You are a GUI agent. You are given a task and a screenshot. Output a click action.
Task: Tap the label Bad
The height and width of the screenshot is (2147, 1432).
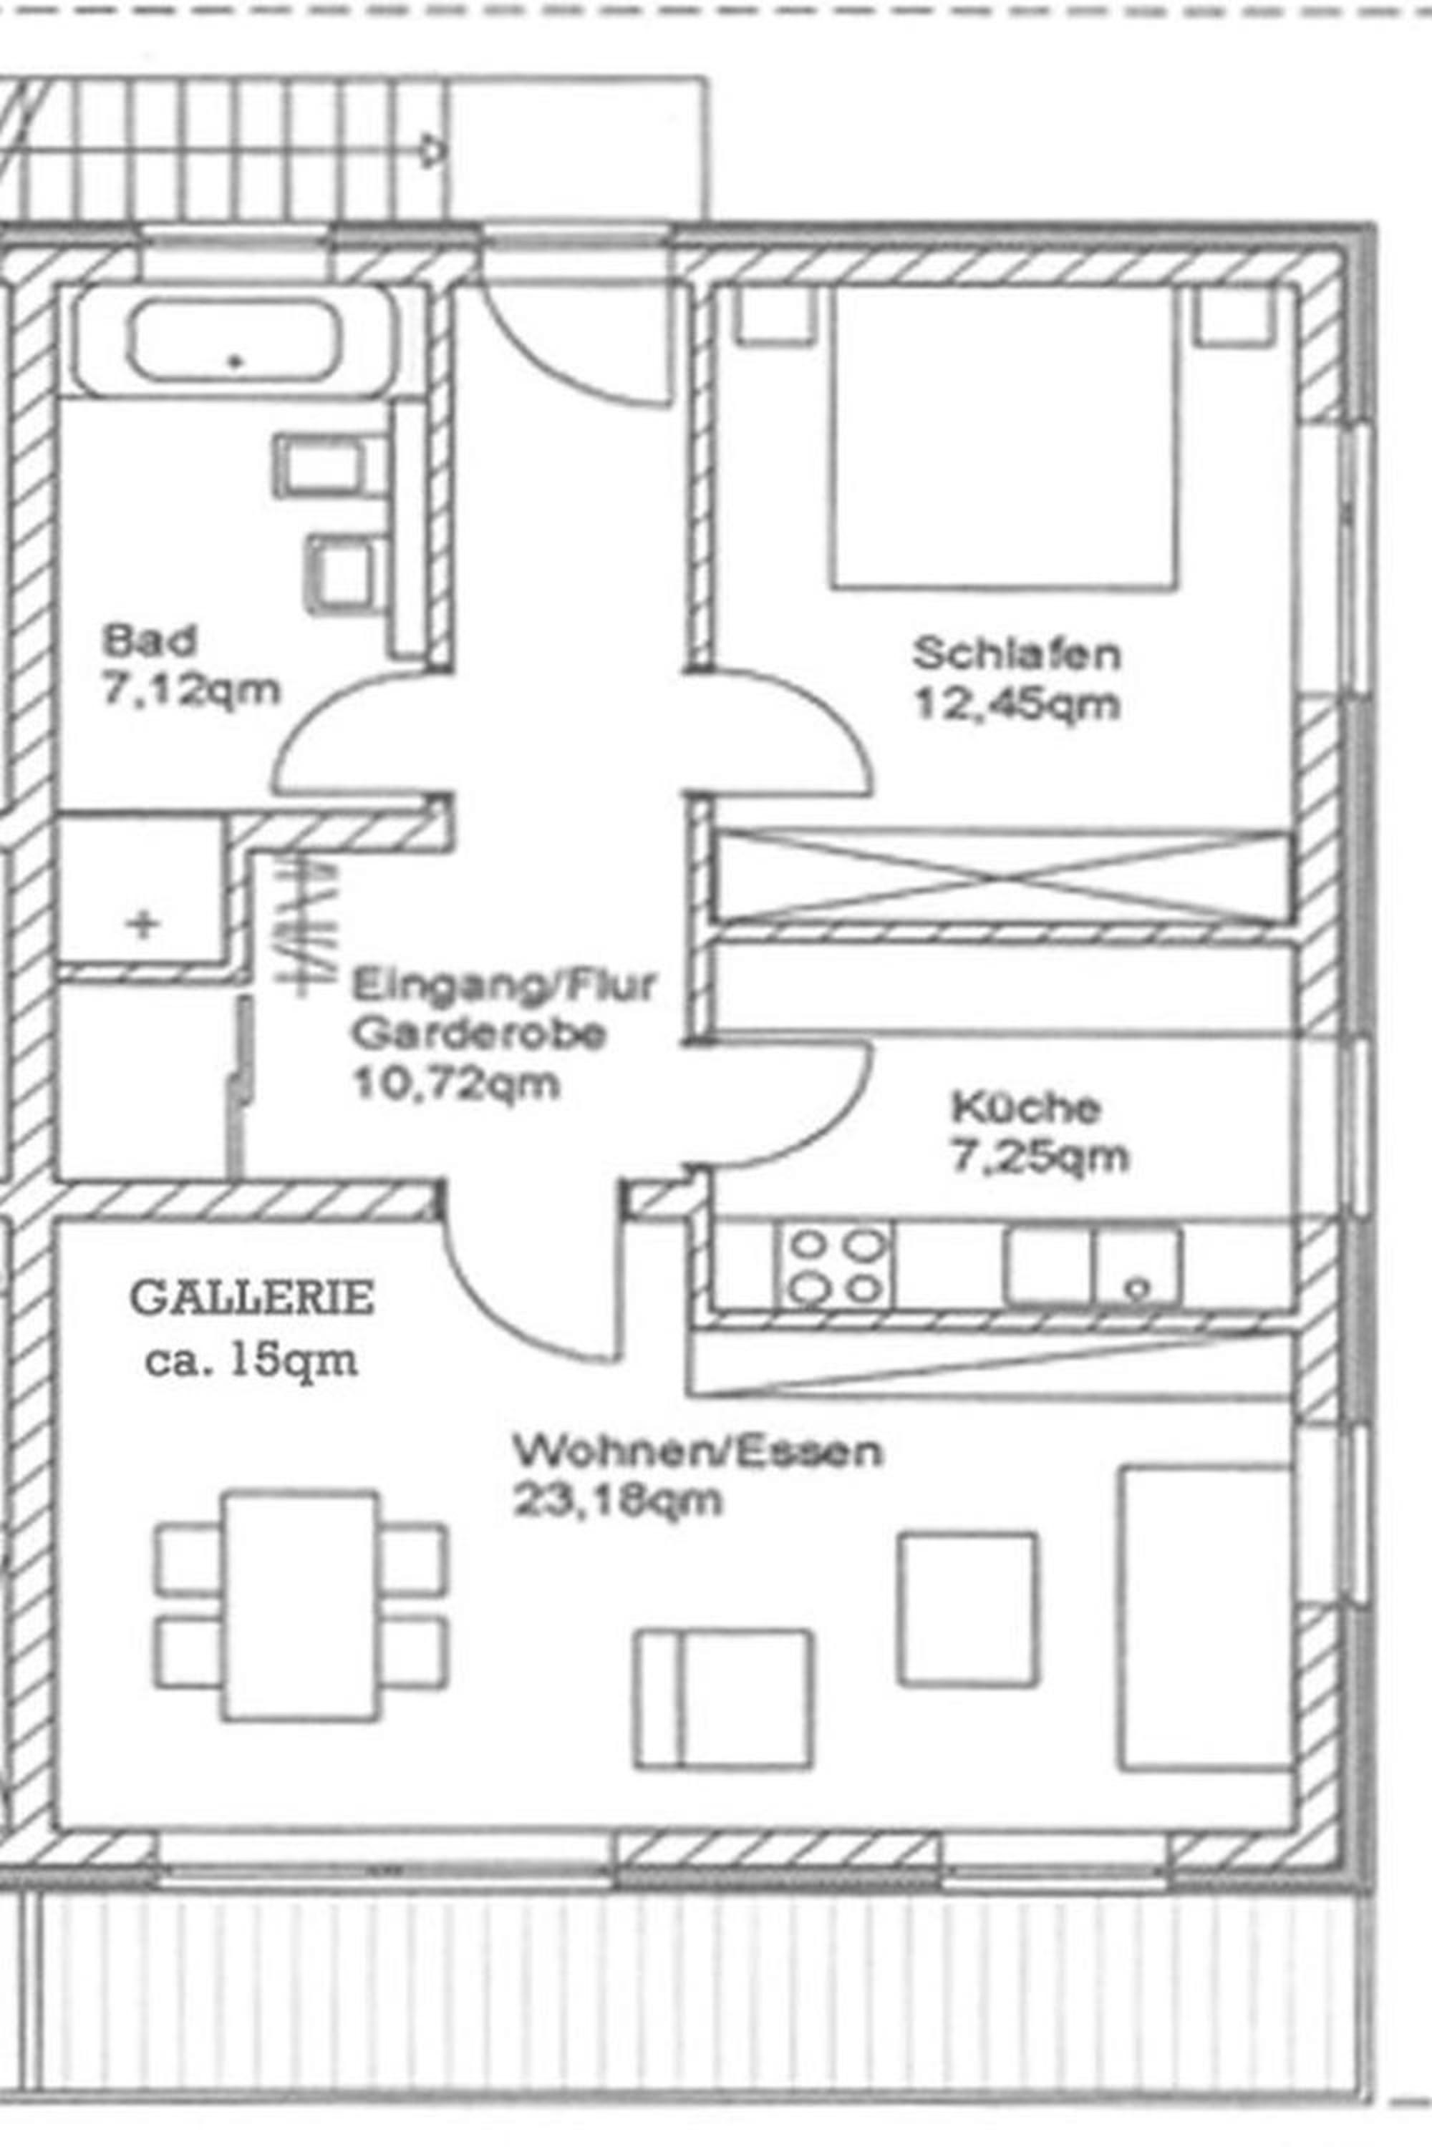150,640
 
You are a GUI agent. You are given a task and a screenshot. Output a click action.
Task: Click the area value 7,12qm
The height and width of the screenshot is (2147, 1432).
190,691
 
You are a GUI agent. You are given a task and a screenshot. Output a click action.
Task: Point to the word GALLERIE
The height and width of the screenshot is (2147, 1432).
252,1298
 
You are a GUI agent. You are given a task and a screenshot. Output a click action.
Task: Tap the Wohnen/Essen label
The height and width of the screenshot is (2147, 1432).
697,1451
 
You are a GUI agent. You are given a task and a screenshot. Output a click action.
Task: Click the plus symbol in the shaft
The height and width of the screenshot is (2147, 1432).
142,924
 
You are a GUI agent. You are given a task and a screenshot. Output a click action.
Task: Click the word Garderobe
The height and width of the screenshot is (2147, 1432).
478,1034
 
